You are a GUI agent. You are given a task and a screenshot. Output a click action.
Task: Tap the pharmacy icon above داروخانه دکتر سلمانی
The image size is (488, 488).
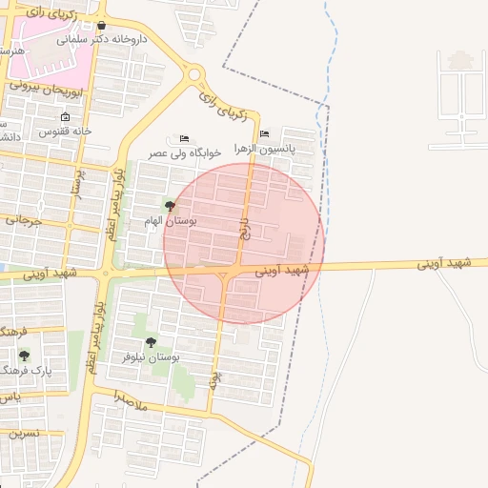click(101, 26)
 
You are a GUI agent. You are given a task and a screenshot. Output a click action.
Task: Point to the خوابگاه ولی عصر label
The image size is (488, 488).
click(184, 152)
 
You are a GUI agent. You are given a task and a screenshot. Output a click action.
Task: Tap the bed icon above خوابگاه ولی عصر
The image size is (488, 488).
click(184, 139)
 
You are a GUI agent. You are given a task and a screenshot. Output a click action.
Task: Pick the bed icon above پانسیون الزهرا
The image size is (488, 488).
click(264, 134)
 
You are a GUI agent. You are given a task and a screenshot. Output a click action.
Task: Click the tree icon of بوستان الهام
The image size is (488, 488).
click(170, 206)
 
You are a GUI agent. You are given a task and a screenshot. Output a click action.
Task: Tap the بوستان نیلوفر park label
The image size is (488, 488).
click(150, 356)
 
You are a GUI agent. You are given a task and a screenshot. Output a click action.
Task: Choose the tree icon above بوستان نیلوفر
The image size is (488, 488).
click(150, 342)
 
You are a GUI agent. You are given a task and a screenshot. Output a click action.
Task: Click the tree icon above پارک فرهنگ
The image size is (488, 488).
click(24, 356)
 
